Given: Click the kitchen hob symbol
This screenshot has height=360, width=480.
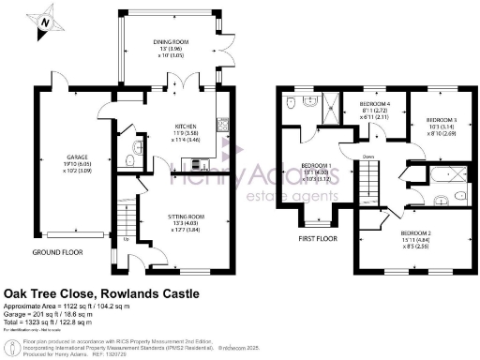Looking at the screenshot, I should point(222,124).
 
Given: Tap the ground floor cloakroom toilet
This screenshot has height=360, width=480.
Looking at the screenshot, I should point(139,148).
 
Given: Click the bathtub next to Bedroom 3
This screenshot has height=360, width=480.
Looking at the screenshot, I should point(449,174).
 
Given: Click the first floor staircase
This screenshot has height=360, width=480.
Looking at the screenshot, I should point(371,176).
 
